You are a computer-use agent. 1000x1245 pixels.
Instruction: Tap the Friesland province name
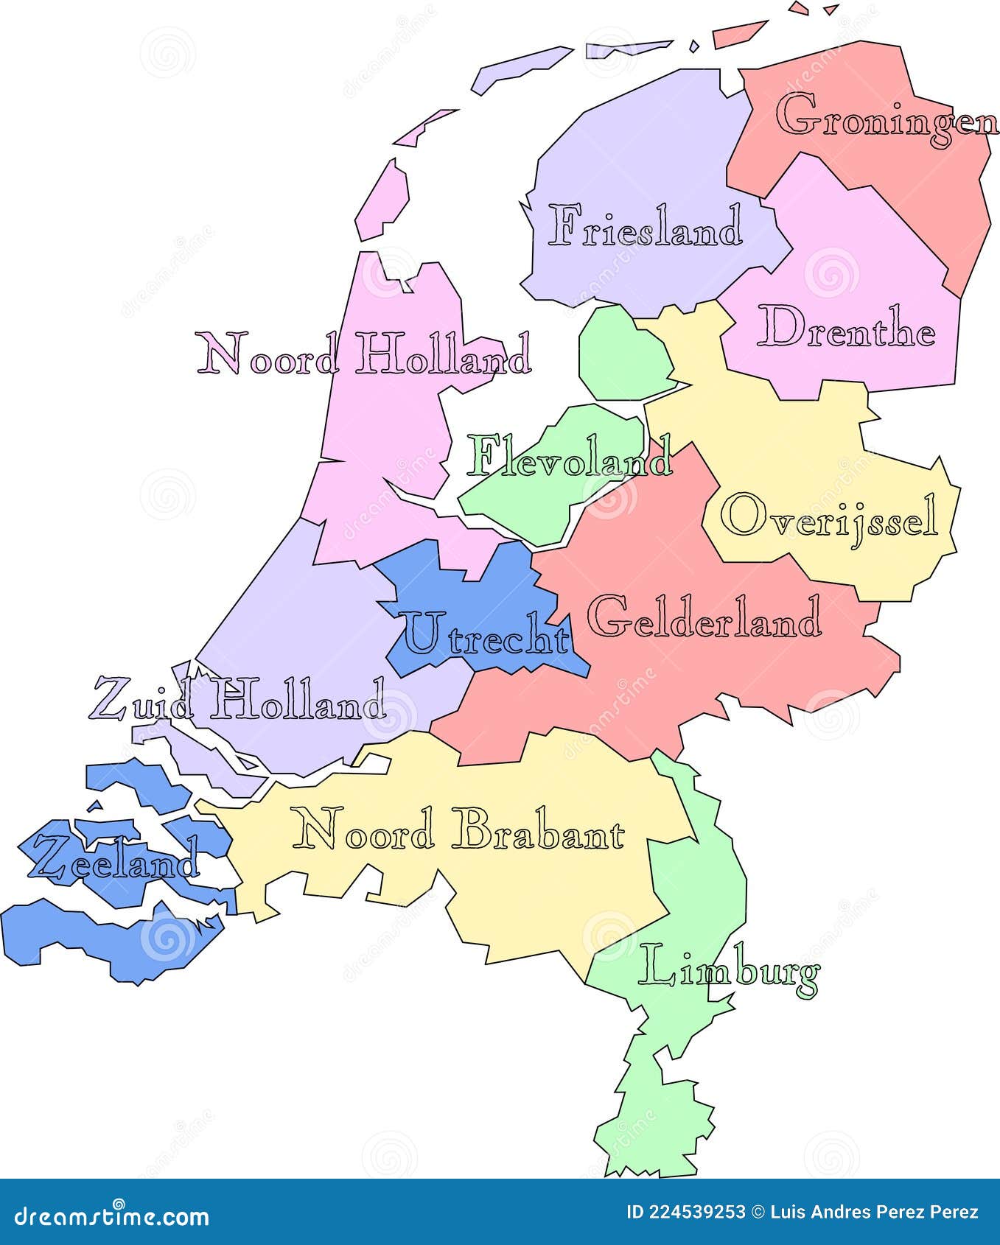pyautogui.click(x=646, y=226)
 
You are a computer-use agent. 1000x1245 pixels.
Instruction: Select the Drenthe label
pyautogui.click(x=847, y=327)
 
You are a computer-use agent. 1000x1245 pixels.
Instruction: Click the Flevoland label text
pyautogui.click(x=570, y=457)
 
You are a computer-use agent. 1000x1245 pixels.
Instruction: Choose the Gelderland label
pyautogui.click(x=704, y=617)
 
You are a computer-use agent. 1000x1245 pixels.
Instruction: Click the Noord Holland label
pyautogui.click(x=363, y=354)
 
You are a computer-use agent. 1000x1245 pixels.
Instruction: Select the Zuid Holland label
pyautogui.click(x=237, y=699)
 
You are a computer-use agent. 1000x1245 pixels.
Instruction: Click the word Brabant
pyautogui.click(x=538, y=830)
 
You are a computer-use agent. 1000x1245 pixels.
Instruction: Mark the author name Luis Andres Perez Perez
pyautogui.click(x=874, y=1212)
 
